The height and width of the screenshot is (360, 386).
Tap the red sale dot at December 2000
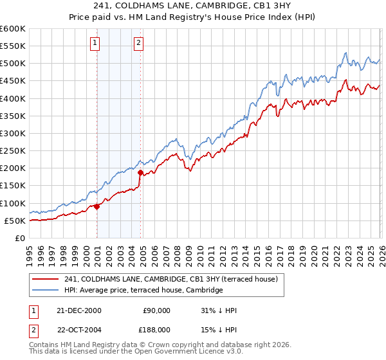pyautogui.click(x=96, y=206)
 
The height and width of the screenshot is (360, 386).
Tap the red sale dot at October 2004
pyautogui.click(x=140, y=172)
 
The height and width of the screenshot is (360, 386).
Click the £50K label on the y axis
pyautogui.click(x=15, y=221)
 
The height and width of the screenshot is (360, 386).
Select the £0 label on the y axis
pyautogui.click(x=19, y=238)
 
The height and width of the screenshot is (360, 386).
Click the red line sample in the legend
pyautogui.click(x=46, y=279)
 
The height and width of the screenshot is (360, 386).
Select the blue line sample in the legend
pyautogui.click(x=46, y=291)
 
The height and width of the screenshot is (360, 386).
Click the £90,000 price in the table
pyautogui.click(x=156, y=310)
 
